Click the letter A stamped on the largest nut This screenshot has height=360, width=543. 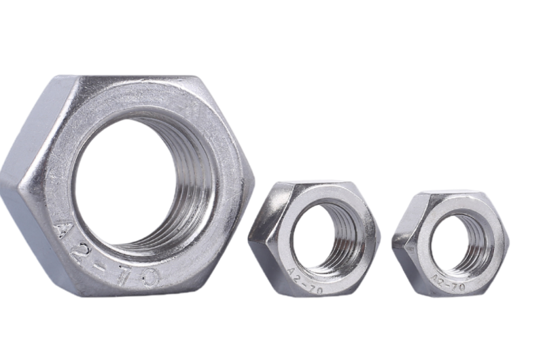[x=63, y=228]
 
